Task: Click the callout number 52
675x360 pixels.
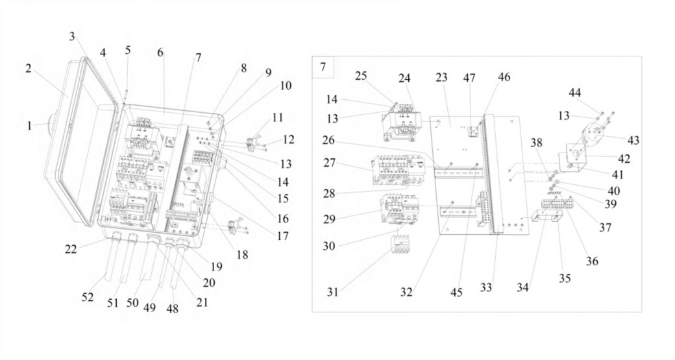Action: (88, 297)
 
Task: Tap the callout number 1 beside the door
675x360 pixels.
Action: (29, 126)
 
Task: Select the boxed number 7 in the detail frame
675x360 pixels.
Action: (323, 67)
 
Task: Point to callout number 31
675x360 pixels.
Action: (332, 293)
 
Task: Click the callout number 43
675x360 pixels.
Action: (633, 140)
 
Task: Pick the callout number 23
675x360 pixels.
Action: (442, 77)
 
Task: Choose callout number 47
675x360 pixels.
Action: (469, 78)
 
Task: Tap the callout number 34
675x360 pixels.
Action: (522, 287)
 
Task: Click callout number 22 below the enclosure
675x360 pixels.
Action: (71, 248)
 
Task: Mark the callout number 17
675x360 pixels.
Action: (283, 235)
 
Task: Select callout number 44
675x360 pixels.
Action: (574, 93)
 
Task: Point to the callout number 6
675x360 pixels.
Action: (160, 53)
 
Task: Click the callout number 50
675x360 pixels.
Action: (132, 302)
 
